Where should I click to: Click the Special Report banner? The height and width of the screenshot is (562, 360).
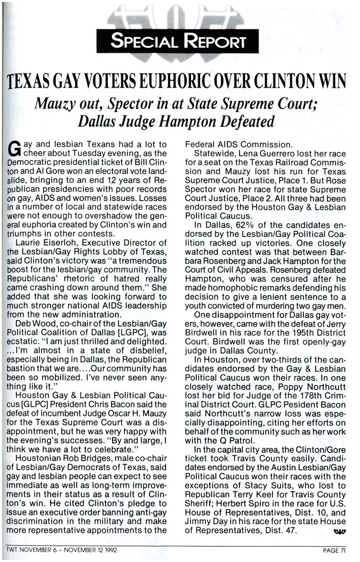(178, 41)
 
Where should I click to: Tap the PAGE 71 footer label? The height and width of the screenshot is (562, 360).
(333, 550)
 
